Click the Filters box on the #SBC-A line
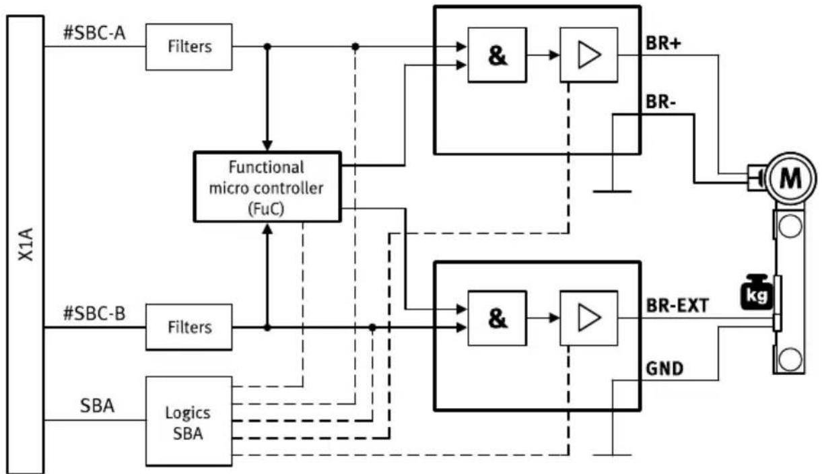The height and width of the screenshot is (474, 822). (189, 47)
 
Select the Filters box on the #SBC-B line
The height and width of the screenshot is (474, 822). (189, 327)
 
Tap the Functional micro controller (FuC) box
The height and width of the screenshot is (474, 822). (267, 187)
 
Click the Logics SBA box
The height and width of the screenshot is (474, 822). (189, 421)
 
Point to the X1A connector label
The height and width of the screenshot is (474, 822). (26, 244)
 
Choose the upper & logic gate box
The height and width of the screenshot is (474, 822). (498, 55)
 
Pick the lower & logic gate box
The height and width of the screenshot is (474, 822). (498, 318)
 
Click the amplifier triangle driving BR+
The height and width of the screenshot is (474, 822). (588, 55)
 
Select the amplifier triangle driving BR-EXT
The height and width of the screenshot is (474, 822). (588, 318)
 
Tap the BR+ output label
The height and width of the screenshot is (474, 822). (663, 44)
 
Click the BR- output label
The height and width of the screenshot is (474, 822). (660, 102)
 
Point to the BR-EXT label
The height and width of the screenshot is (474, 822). (677, 306)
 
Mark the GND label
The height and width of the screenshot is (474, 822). (664, 368)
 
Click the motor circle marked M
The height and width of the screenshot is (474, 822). (790, 178)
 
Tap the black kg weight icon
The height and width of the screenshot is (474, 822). (757, 292)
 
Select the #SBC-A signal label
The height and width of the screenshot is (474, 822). (94, 33)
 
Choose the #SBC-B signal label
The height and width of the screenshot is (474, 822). (94, 314)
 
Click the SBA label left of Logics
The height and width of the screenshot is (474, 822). (97, 406)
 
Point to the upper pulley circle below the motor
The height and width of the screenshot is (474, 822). (790, 226)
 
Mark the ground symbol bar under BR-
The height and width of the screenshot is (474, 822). (612, 191)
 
